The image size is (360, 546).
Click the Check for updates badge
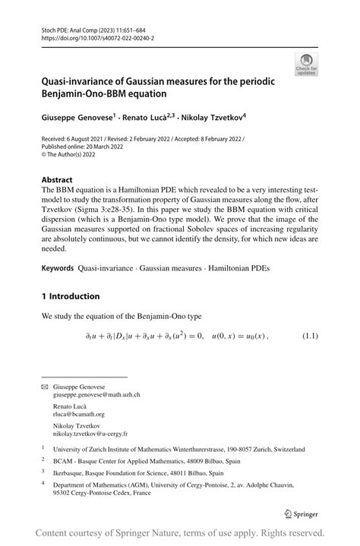click(x=308, y=64)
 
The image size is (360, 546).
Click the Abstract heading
click(x=57, y=181)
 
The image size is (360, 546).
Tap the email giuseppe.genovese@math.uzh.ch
click(x=96, y=395)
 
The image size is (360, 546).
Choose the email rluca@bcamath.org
click(x=78, y=415)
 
